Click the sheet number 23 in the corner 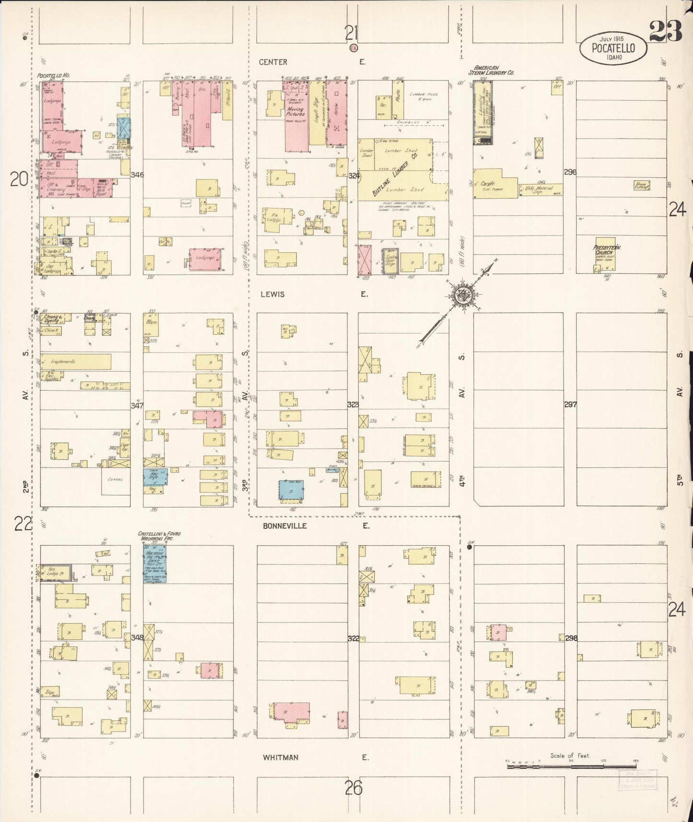pos(666,32)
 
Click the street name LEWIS pos(272,294)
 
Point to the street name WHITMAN pos(280,757)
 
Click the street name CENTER pos(273,62)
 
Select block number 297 pos(570,404)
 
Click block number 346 pos(137,175)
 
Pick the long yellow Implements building pos(76,362)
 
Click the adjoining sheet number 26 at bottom pos(353,787)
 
